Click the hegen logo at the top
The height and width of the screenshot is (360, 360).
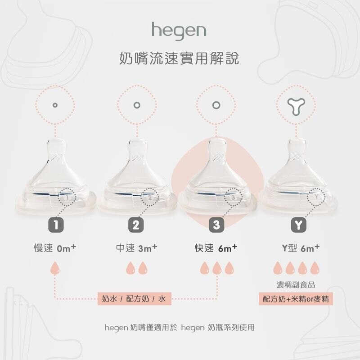coord(179,31)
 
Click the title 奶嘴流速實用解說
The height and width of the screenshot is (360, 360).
coord(179,58)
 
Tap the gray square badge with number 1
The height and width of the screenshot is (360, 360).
coord(56,225)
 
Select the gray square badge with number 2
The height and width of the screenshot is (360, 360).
coord(136,225)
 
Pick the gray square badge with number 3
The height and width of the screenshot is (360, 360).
coord(216,225)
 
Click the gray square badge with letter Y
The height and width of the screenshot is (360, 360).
coord(298,225)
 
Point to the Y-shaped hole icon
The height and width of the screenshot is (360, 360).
coord(296,106)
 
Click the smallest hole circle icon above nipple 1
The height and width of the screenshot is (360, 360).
coord(54,105)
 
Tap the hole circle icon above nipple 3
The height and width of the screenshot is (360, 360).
coord(216,105)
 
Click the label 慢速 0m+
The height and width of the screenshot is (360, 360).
coord(55,248)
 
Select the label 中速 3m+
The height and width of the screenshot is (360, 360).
coord(137,248)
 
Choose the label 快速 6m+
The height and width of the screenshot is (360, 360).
coord(216,248)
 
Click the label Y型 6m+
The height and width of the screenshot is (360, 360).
coord(301,248)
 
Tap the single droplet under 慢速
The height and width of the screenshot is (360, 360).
coord(55,268)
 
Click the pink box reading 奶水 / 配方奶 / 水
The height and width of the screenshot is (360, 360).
coord(135,298)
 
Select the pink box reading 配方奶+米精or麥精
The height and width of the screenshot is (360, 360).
coord(296,299)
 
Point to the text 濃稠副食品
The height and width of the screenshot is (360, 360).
coord(296,285)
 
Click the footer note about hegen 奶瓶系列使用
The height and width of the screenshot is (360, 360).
coord(180,328)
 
